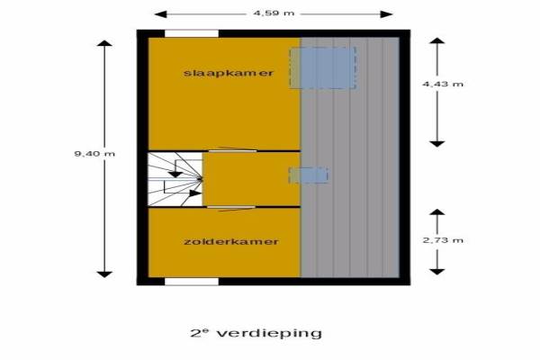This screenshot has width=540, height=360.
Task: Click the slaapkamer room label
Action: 229,73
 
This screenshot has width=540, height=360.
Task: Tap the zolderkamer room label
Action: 231,241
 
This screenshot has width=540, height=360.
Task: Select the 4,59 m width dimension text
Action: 274,13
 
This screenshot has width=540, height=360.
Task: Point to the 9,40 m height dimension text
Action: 94,154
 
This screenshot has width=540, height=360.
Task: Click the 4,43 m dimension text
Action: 443,84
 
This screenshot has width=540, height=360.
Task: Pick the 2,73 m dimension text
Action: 443,240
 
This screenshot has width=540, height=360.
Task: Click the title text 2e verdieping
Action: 256,333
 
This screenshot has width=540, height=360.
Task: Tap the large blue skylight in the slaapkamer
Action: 322,67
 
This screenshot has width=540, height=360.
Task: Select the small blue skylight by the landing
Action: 308,175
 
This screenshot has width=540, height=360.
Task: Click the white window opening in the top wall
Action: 192,33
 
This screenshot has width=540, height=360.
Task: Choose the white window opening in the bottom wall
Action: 192,282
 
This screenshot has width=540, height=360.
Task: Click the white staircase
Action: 175,179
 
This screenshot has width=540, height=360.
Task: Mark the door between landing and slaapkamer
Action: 233,150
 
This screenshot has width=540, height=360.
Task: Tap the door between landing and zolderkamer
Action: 231,207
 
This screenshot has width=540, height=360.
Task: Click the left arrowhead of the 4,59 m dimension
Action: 160,14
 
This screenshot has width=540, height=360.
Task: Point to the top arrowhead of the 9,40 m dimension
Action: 104,43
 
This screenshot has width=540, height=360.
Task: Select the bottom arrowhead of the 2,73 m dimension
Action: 437,272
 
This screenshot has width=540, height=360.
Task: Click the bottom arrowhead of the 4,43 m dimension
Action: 437,144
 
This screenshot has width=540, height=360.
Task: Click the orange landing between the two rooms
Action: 252,179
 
